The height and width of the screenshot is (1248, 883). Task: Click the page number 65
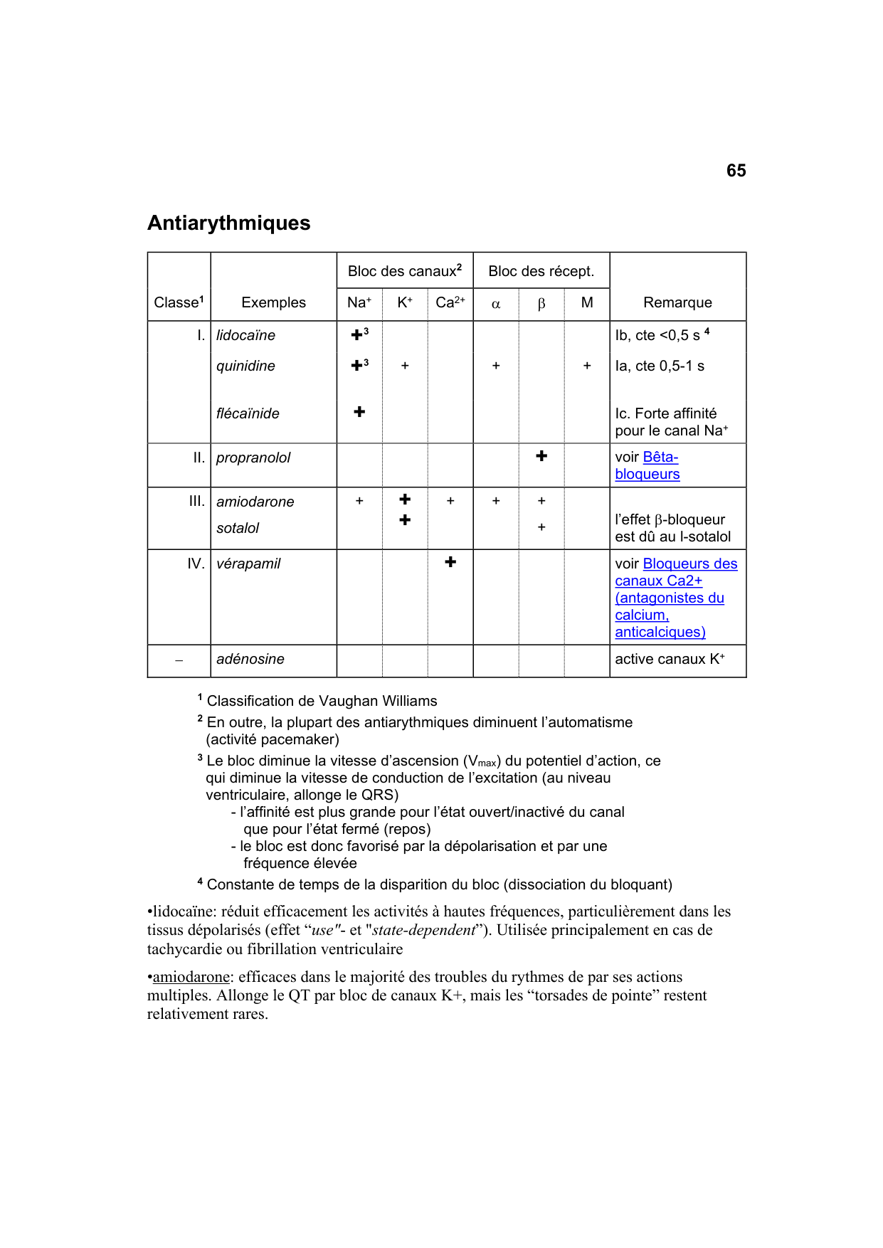(736, 171)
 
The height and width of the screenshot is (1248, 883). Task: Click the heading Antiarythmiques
(228, 223)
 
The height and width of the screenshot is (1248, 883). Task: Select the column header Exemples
(273, 302)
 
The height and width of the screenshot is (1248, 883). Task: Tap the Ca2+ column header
(450, 302)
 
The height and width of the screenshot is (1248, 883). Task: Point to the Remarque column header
(677, 302)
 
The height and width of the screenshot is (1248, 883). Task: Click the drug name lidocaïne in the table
(245, 335)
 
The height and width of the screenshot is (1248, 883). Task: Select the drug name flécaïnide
(248, 413)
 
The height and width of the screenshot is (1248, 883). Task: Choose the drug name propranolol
(253, 458)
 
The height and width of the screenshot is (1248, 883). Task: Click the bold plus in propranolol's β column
(541, 456)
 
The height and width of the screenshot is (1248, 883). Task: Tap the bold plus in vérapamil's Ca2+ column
(450, 562)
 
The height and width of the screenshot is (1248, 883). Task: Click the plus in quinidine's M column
(587, 366)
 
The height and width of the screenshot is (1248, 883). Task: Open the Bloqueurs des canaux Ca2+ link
(689, 564)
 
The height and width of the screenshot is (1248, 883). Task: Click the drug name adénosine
(250, 659)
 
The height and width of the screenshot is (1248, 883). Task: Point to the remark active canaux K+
(670, 659)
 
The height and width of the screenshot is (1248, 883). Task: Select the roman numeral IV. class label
(196, 564)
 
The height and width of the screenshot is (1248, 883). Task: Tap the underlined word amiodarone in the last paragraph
(191, 977)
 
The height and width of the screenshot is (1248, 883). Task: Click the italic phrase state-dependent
(424, 930)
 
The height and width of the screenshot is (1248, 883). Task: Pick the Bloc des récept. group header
(541, 271)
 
